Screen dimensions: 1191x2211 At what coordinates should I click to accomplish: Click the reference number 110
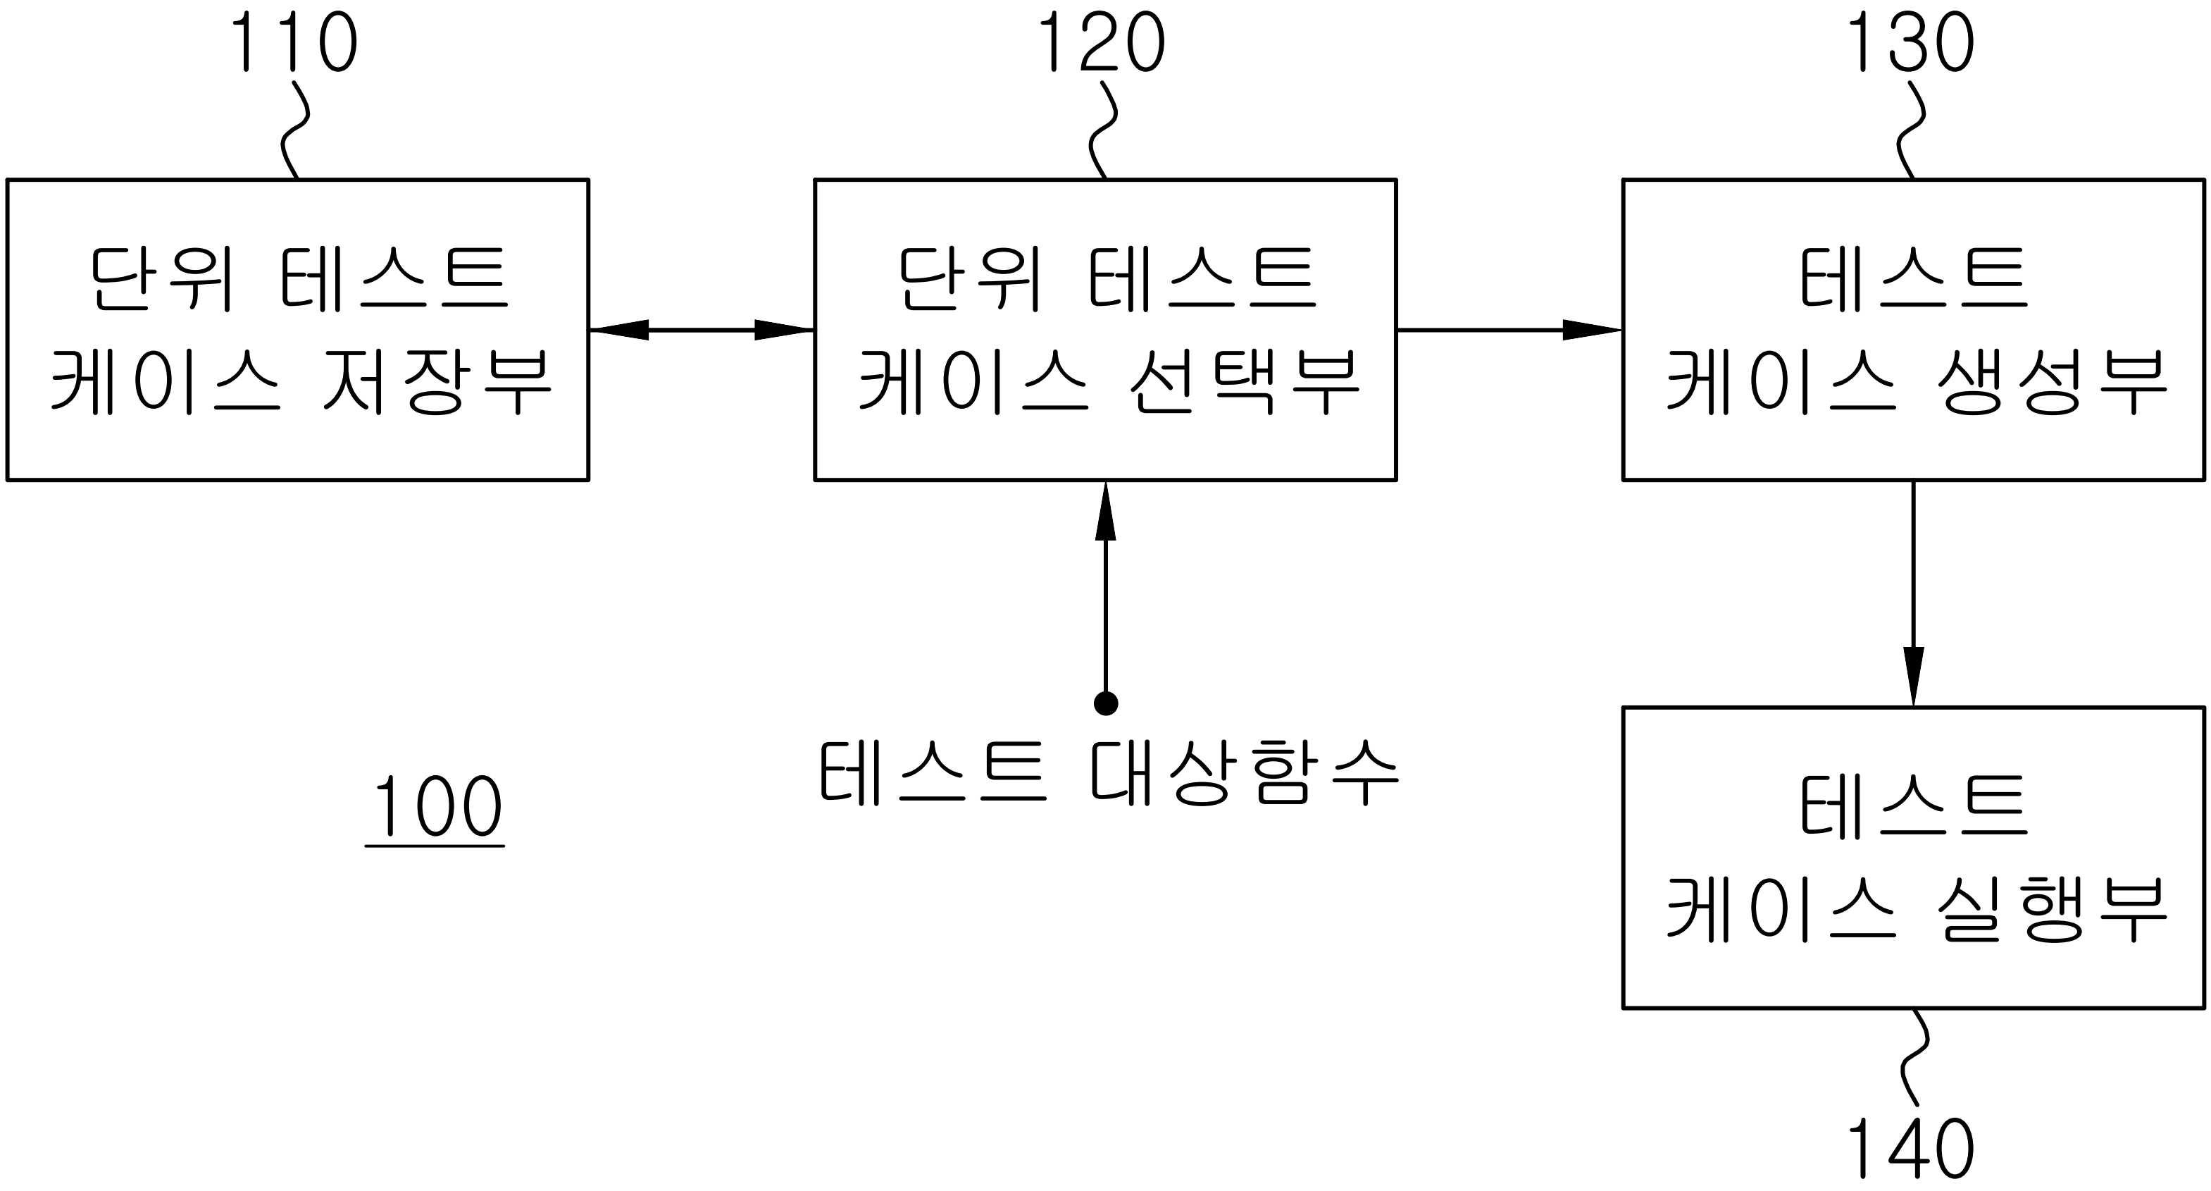click(294, 43)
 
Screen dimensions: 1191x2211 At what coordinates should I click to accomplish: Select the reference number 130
click(1910, 43)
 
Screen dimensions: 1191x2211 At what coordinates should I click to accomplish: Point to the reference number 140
click(1910, 1149)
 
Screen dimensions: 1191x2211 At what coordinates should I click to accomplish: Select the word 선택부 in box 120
click(1244, 381)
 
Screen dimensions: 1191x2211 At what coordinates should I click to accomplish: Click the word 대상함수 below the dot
click(1244, 773)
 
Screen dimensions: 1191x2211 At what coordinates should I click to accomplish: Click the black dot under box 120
click(1106, 703)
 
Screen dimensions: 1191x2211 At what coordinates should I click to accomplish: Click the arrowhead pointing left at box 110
click(618, 330)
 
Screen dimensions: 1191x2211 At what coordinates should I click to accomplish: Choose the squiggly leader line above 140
click(1914, 1058)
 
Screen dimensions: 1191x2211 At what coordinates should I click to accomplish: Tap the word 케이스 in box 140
click(1781, 908)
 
